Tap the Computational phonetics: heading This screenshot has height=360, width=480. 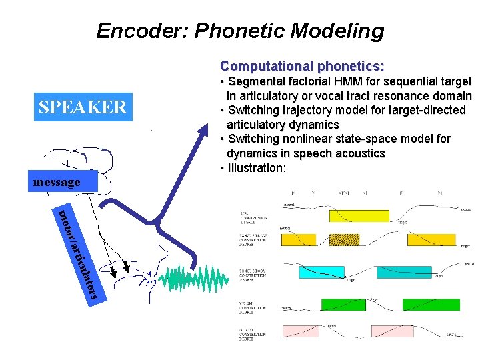pos(302,66)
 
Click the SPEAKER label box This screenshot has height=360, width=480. pos(83,107)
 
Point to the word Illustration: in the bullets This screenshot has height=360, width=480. pos(257,168)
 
